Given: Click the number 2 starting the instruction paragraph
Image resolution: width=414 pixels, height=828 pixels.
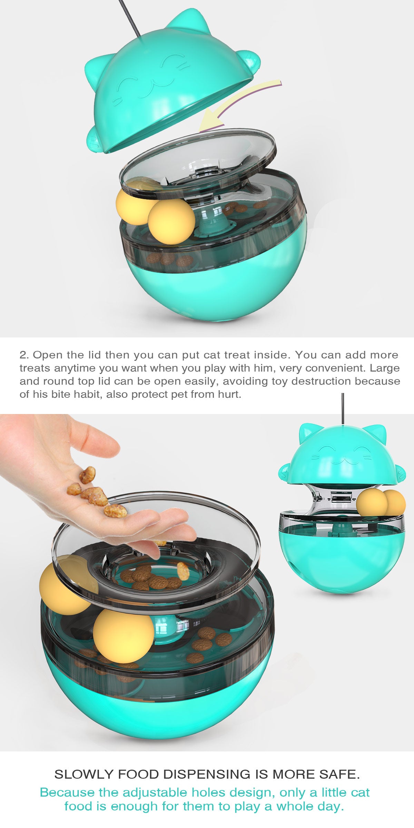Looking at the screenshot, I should click(x=23, y=355).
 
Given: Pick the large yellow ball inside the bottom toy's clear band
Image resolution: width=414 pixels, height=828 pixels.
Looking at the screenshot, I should click(x=123, y=636).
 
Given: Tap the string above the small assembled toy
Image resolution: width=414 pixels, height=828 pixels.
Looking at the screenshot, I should click(x=343, y=409).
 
